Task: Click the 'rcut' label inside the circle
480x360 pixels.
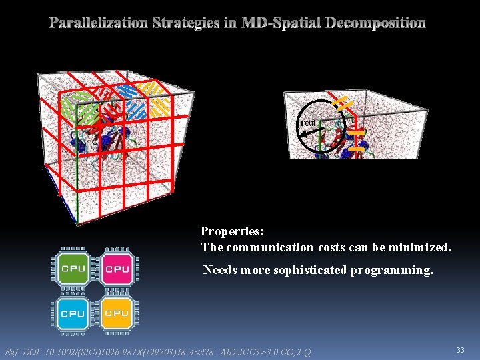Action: [308, 123]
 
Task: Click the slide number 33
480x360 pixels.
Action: [460, 349]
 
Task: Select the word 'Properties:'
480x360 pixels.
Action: [233, 232]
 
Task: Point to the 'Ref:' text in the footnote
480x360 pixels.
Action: [13, 352]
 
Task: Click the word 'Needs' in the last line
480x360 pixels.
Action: [219, 270]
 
